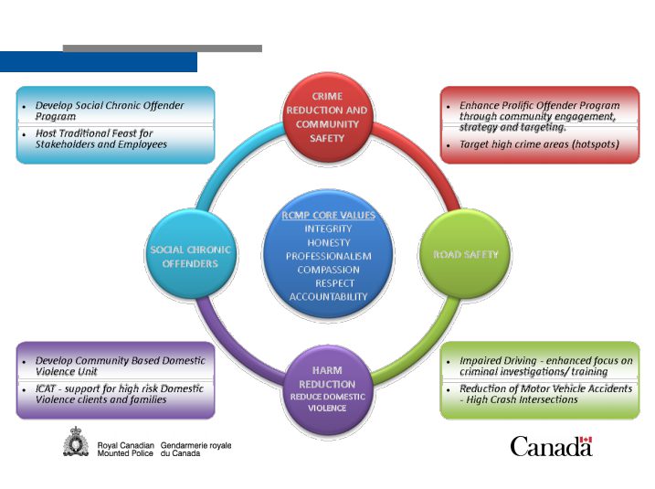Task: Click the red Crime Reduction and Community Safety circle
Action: (x=327, y=118)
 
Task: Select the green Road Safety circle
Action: (x=464, y=254)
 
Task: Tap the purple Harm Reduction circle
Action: (x=327, y=390)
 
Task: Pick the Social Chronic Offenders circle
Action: (x=191, y=254)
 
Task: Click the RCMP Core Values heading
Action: (x=328, y=215)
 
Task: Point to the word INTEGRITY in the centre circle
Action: (x=328, y=229)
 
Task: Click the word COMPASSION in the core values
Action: (x=328, y=270)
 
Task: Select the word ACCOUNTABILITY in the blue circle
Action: (x=328, y=297)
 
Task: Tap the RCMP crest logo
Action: (x=76, y=441)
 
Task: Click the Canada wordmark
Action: (x=551, y=446)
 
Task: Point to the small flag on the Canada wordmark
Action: (x=586, y=440)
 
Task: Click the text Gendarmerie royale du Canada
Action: (x=195, y=450)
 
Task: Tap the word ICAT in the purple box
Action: (x=45, y=388)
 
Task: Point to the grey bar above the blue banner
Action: (x=163, y=48)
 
